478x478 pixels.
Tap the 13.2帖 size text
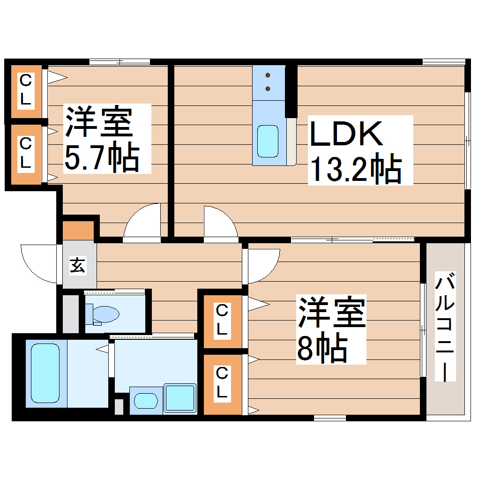(x=355, y=170)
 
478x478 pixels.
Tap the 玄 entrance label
(x=78, y=265)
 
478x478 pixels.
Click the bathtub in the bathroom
(x=45, y=373)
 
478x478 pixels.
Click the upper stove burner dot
(x=268, y=75)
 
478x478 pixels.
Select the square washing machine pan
(x=179, y=398)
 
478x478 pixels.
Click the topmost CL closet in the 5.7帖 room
(x=26, y=91)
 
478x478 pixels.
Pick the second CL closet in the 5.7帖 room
(x=26, y=154)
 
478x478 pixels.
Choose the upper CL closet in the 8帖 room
(x=223, y=321)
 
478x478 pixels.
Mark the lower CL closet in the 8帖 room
(x=223, y=384)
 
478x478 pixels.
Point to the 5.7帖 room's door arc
(x=143, y=222)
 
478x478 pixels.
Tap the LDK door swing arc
(x=219, y=223)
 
